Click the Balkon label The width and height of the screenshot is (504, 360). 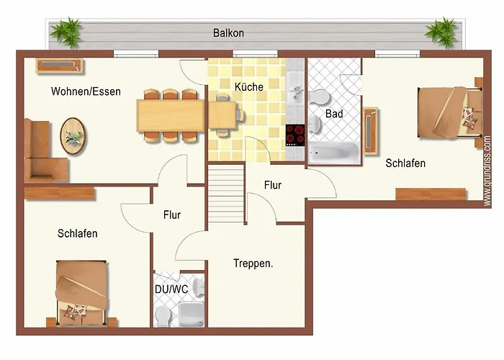pyautogui.click(x=228, y=33)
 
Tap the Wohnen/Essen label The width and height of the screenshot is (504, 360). pyautogui.click(x=86, y=91)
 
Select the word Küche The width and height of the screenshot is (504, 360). pyautogui.click(x=249, y=86)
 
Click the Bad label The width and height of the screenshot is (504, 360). pyautogui.click(x=334, y=114)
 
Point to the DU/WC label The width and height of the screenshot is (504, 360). pyautogui.click(x=171, y=289)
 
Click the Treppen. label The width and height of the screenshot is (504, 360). pyautogui.click(x=253, y=264)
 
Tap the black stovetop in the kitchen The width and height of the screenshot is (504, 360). pyautogui.click(x=295, y=135)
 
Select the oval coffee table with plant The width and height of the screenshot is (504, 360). pyautogui.click(x=73, y=136)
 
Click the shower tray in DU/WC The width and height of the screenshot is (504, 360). pyautogui.click(x=192, y=314)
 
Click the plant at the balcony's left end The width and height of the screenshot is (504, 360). pyautogui.click(x=67, y=32)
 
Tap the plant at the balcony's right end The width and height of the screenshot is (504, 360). pyautogui.click(x=441, y=32)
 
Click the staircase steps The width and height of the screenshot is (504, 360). pyautogui.click(x=225, y=194)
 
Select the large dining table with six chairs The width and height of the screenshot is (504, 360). pyautogui.click(x=171, y=116)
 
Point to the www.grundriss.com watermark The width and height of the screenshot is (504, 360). pyautogui.click(x=487, y=171)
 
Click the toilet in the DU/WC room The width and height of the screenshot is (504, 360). pyautogui.click(x=162, y=316)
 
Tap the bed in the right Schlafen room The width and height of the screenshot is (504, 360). pyautogui.click(x=450, y=112)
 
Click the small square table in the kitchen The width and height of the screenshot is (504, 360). pyautogui.click(x=222, y=115)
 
